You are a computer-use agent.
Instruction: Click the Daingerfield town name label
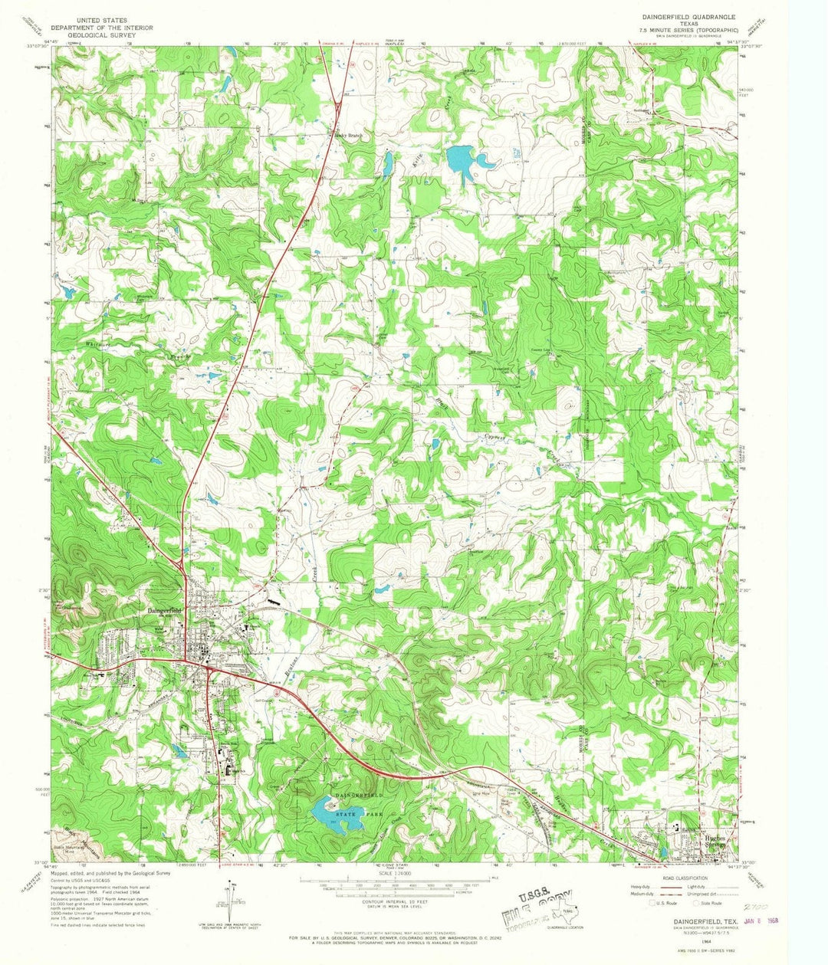pos(163,610)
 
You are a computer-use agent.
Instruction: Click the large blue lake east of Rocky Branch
pos(466,159)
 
